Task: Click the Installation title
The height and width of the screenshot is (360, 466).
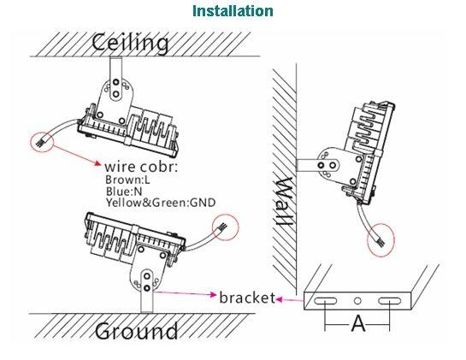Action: coord(233,11)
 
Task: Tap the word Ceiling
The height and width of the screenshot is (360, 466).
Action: coord(130,43)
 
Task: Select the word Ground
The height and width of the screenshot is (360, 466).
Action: coord(137,331)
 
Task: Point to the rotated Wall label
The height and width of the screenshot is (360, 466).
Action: coord(284,201)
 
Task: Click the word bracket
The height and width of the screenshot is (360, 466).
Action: coord(247,298)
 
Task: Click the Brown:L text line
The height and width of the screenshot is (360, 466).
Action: coord(127,180)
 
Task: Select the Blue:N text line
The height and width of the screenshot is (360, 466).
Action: coord(124,191)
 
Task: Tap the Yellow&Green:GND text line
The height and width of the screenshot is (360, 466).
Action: coord(161,203)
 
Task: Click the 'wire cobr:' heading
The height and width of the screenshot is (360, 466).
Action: coord(141,167)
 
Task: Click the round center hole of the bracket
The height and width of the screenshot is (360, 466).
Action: coord(357,301)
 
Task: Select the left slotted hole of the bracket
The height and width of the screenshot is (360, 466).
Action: coord(326,301)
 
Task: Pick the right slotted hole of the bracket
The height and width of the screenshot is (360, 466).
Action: coord(390,301)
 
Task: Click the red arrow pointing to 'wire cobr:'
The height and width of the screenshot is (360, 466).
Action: coord(78,155)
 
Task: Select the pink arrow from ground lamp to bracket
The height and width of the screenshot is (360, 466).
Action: coord(186,293)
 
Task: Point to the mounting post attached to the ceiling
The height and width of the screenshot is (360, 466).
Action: coord(115,68)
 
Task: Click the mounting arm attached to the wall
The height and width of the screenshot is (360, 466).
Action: coord(309,165)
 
